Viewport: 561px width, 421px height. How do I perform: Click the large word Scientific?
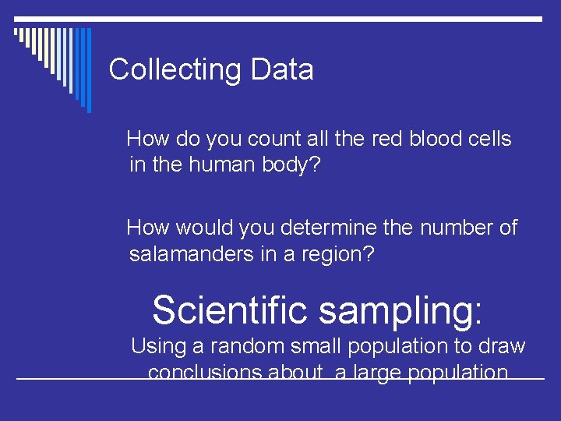tap(230, 310)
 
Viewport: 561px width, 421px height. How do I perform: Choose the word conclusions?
tap(205, 373)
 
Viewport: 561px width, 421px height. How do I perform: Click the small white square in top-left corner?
tap(16, 33)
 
